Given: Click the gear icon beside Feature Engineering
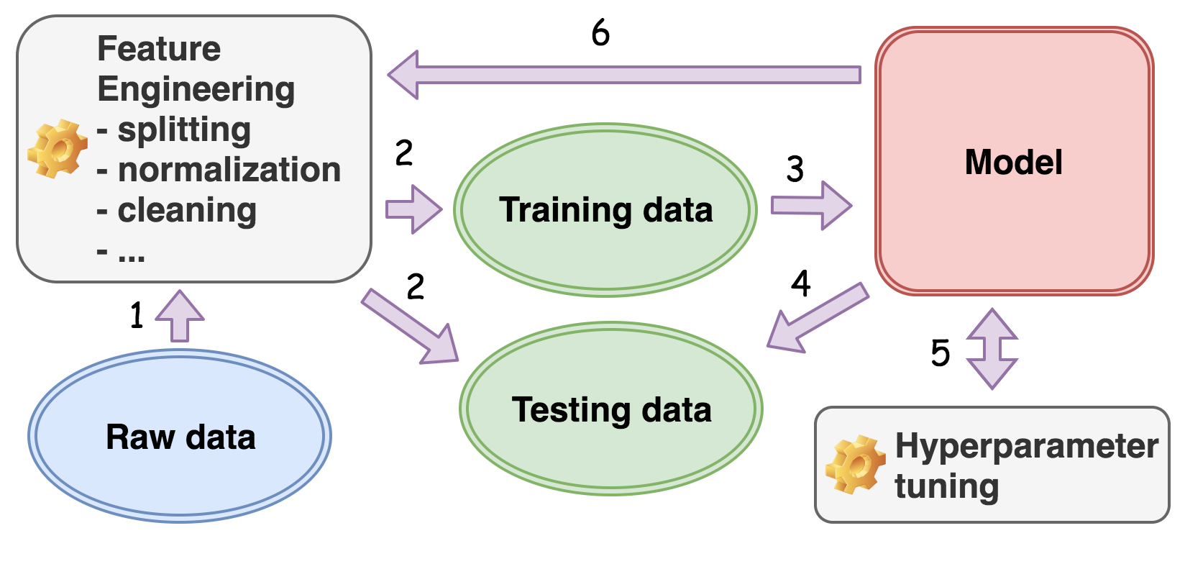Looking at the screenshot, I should tap(58, 149).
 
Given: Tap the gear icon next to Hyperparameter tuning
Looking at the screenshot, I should tap(855, 464).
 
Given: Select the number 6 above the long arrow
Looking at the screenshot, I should tap(600, 33).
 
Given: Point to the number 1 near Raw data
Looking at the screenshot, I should tap(137, 316).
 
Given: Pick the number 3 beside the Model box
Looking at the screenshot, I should tap(795, 170).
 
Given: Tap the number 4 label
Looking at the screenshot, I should tap(800, 283).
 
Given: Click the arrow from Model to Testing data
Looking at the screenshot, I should tap(817, 317).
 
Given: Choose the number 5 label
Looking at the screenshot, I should tap(941, 353).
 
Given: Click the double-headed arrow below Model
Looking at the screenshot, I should tap(992, 349).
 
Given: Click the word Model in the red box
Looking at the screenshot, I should tap(1013, 162).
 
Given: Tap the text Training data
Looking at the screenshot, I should tap(605, 210).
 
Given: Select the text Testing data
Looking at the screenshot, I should tap(611, 410).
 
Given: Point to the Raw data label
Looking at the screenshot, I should tap(180, 437).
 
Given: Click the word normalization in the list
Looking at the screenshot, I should tap(229, 170).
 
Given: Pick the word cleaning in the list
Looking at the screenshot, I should tap(187, 211).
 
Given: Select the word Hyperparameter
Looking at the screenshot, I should tap(1026, 446).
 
